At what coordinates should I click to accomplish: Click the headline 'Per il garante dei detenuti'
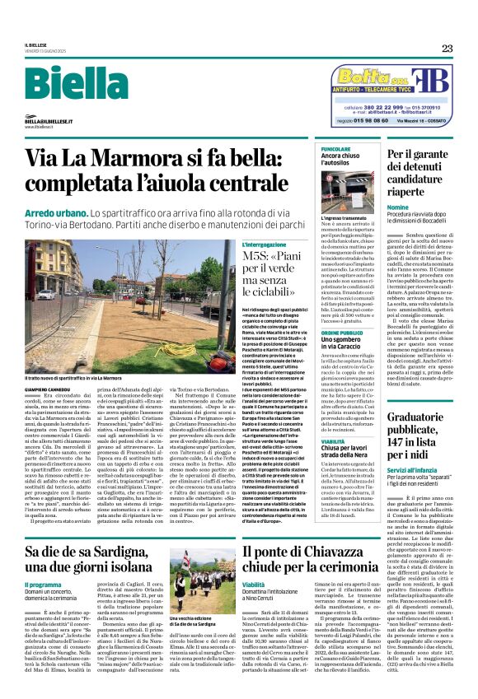coord(441,165)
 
